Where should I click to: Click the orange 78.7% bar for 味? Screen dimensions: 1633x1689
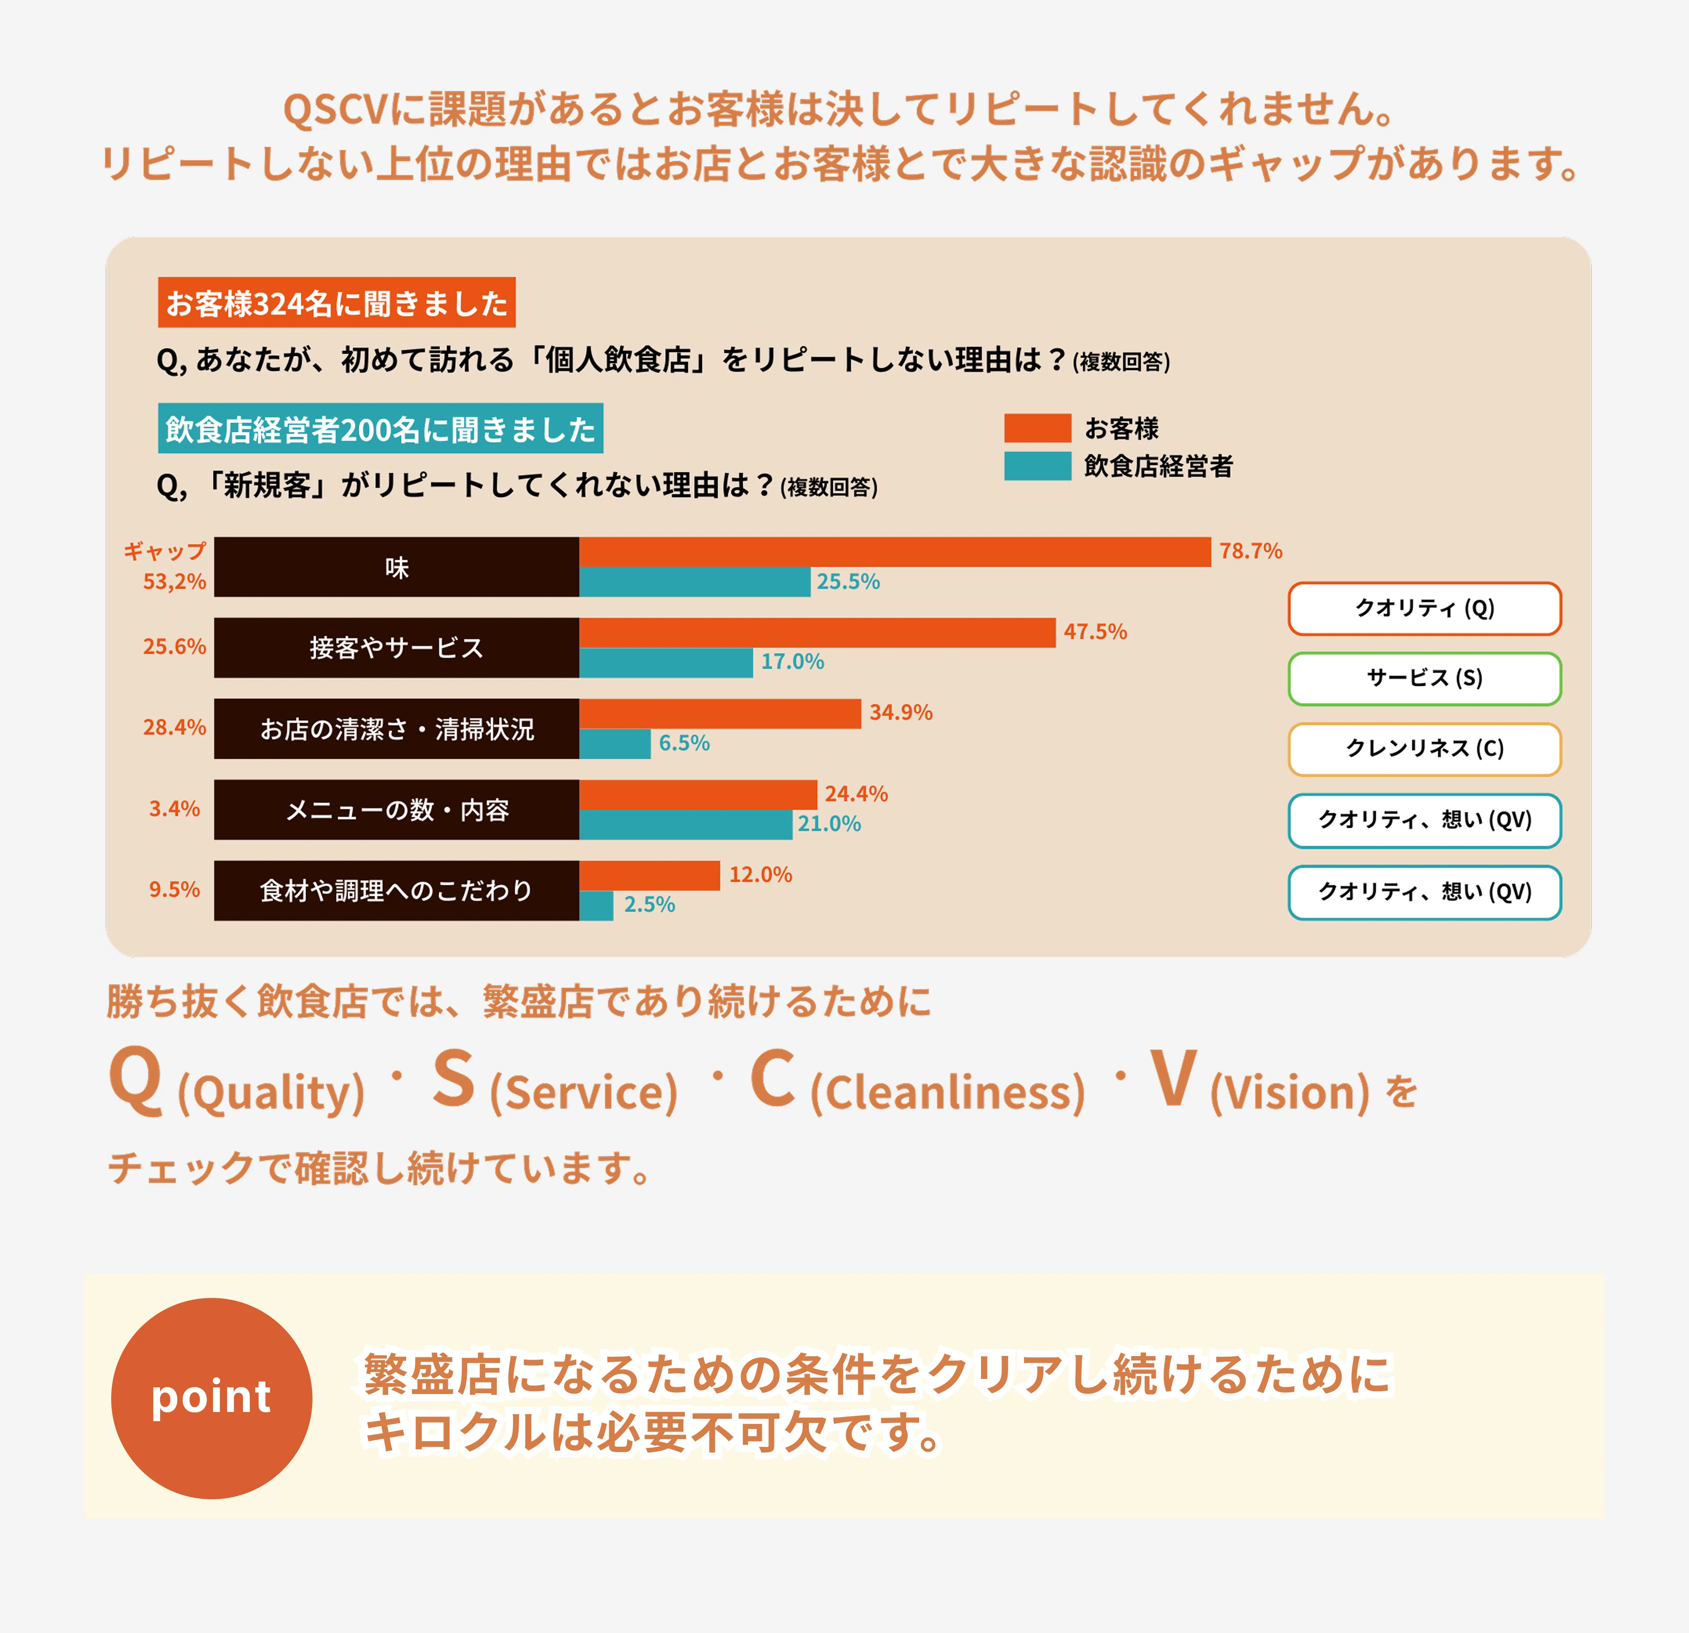click(x=894, y=551)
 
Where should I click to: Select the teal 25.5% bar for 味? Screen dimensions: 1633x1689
click(x=695, y=582)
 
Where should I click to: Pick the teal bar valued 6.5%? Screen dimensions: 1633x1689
click(x=614, y=744)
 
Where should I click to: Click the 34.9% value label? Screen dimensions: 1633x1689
click(x=900, y=713)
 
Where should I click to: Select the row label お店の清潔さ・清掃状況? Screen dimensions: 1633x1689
click(x=397, y=729)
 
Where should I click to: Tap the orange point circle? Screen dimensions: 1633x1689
click(x=211, y=1398)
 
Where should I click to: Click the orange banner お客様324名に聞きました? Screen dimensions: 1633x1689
click(x=336, y=302)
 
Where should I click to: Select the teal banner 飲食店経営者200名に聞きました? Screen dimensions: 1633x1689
click(x=380, y=428)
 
